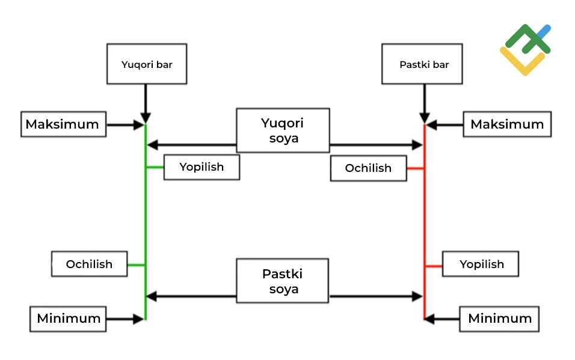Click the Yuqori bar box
tap(147, 64)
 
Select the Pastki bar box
tap(423, 64)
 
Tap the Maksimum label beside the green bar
tap(63, 124)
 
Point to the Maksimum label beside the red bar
tap(507, 124)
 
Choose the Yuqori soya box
tap(283, 130)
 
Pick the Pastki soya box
tap(283, 281)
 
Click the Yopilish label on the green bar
tap(201, 167)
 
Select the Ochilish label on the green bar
tap(89, 264)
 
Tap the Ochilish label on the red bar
tap(368, 168)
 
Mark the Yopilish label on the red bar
tap(481, 264)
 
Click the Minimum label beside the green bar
tap(69, 319)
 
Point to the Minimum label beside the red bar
tap(499, 319)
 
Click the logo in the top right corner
tap(524, 50)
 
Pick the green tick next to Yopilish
tap(155, 167)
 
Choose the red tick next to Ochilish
tap(416, 168)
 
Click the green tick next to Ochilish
tap(137, 264)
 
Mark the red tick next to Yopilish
tap(434, 265)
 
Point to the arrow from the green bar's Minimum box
tap(125, 319)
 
